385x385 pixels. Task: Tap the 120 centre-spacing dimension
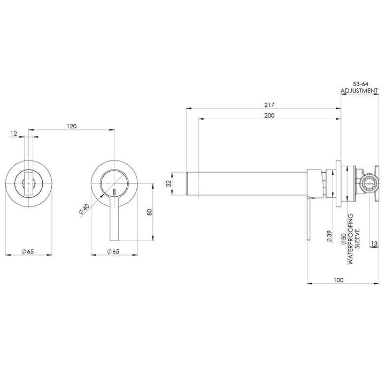(x=71, y=126)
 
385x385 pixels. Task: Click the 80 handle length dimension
(x=150, y=212)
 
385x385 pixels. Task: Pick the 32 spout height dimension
(x=168, y=183)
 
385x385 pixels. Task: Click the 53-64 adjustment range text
(x=361, y=84)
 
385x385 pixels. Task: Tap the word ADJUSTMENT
(x=359, y=91)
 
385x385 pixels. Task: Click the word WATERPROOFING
(x=351, y=240)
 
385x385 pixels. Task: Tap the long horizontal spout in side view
(x=246, y=183)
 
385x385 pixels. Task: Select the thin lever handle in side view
(x=309, y=219)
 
